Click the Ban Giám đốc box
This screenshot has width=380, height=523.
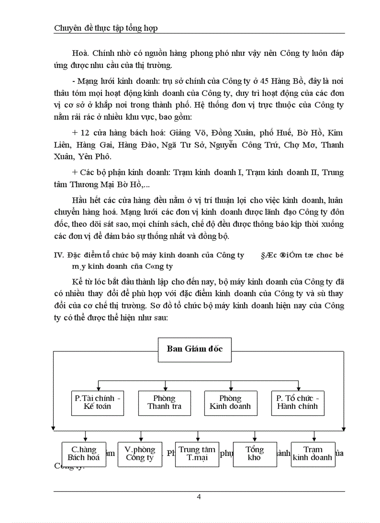tap(195, 352)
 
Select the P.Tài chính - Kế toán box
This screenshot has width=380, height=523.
tap(98, 402)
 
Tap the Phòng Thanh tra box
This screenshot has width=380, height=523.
tap(164, 402)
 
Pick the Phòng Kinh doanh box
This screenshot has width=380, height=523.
tap(230, 402)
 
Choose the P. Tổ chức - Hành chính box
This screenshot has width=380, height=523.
tap(298, 402)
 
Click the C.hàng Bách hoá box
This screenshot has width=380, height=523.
tap(84, 454)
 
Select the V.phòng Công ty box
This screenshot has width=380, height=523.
tap(140, 454)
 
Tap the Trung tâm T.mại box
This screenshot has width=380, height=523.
tap(197, 454)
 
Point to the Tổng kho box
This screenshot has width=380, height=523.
tap(255, 454)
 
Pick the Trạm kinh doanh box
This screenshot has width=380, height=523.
tap(313, 454)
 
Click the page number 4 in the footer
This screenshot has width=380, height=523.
tap(199, 496)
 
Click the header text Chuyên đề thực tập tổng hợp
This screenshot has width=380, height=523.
tap(106, 28)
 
